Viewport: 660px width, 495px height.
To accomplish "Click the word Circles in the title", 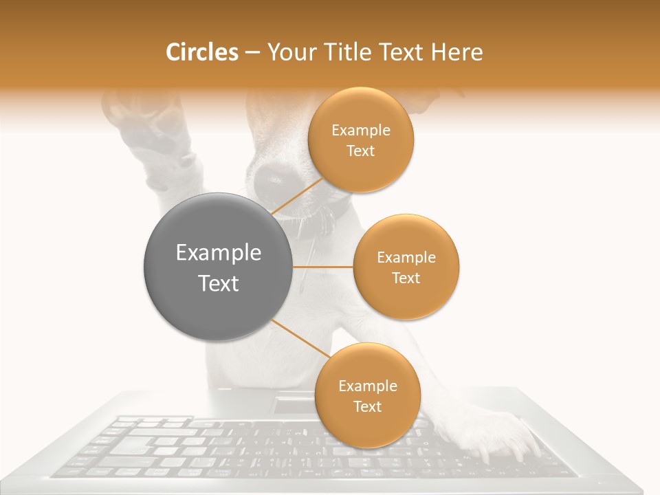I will click(x=201, y=52).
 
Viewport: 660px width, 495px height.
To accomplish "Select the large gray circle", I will click(x=218, y=267).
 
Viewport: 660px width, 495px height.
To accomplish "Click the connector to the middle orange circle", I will click(x=322, y=267).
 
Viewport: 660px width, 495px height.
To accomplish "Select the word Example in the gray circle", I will click(x=218, y=253).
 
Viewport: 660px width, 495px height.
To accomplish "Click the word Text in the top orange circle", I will click(x=361, y=151).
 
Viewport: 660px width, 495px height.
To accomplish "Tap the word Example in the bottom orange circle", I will click(x=368, y=386).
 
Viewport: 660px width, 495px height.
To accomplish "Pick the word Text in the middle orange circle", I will click(x=406, y=278).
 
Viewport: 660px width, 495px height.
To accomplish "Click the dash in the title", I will click(x=252, y=53).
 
